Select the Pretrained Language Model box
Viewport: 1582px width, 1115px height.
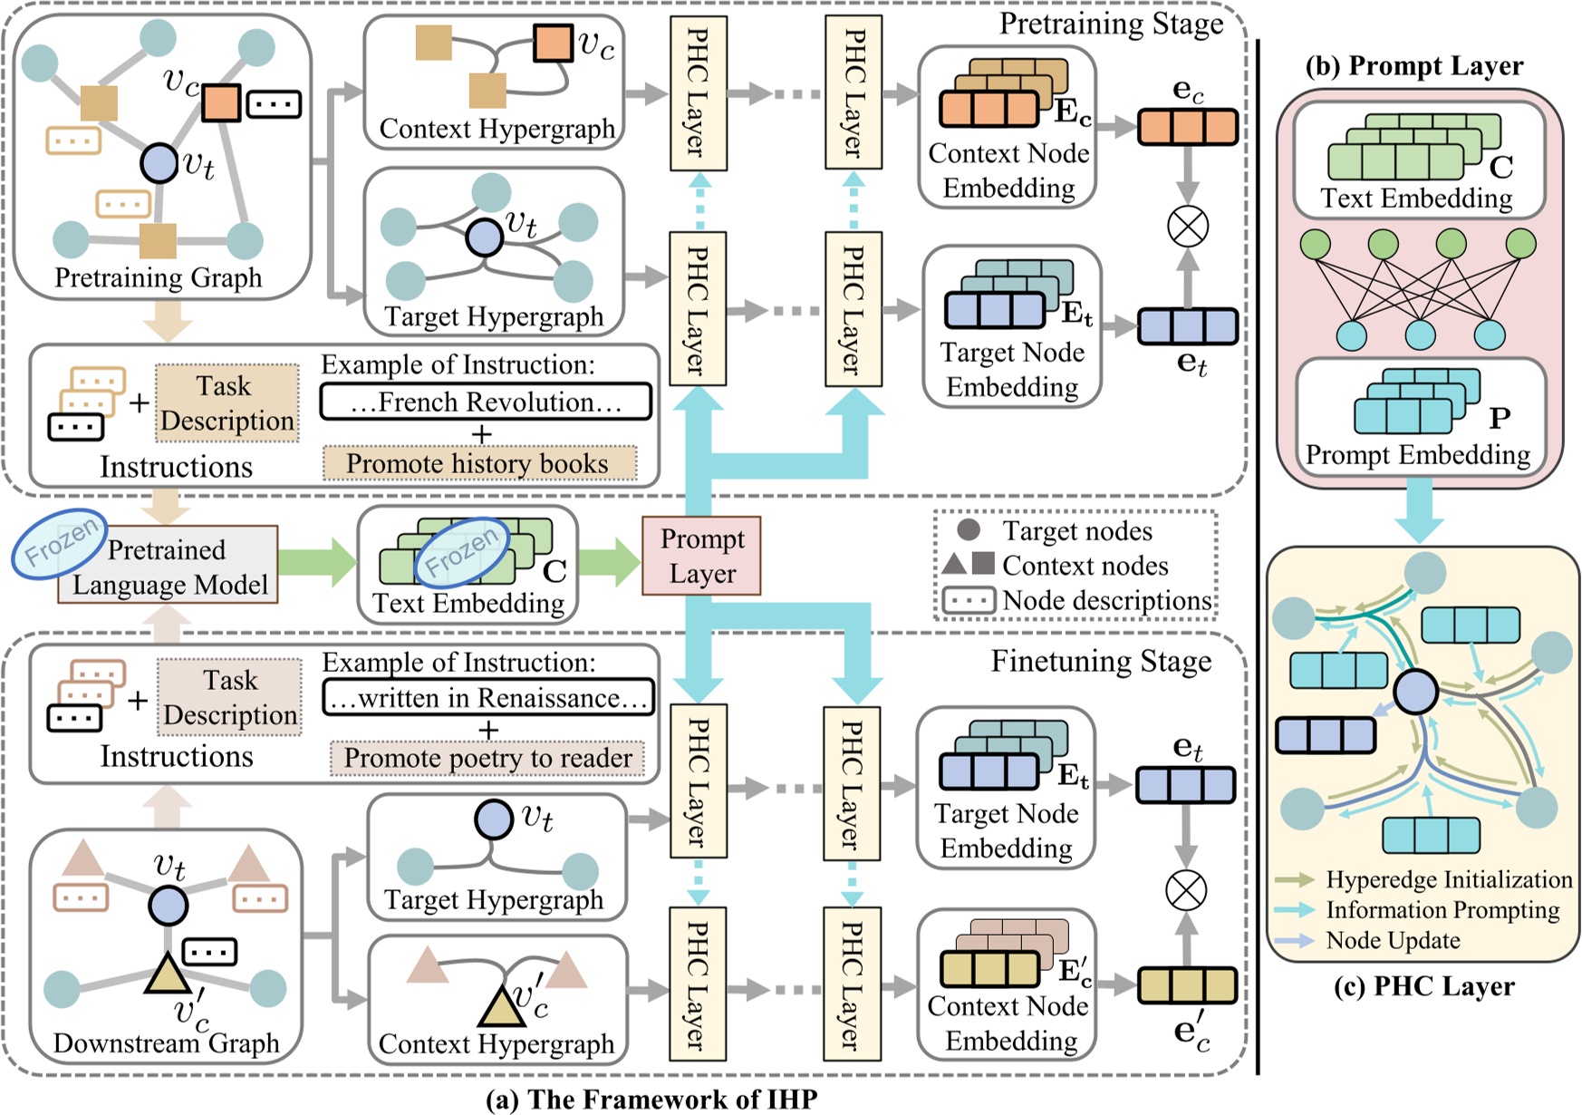click(x=169, y=567)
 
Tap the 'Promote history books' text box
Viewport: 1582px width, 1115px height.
click(x=478, y=463)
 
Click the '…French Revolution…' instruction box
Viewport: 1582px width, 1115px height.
click(x=486, y=402)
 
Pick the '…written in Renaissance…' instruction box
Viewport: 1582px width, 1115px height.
click(x=488, y=698)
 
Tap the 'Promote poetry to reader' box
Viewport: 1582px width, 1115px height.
click(x=487, y=758)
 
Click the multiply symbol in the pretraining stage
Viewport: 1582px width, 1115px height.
click(x=1187, y=226)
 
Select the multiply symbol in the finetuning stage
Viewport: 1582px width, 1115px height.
click(x=1185, y=890)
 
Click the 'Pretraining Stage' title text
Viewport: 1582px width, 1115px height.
click(x=1111, y=24)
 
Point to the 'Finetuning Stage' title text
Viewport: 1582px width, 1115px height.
click(x=1101, y=661)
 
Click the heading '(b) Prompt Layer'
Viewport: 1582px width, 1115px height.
click(x=1413, y=66)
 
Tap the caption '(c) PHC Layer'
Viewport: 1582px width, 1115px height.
click(x=1423, y=986)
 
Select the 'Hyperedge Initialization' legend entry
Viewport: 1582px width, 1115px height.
click(x=1448, y=879)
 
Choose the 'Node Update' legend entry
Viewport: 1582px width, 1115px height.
click(x=1393, y=941)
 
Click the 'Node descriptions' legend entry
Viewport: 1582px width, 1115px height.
click(x=1105, y=600)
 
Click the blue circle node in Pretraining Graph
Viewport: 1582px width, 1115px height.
click(x=159, y=164)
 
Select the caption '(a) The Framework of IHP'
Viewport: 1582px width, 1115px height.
click(x=651, y=1100)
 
